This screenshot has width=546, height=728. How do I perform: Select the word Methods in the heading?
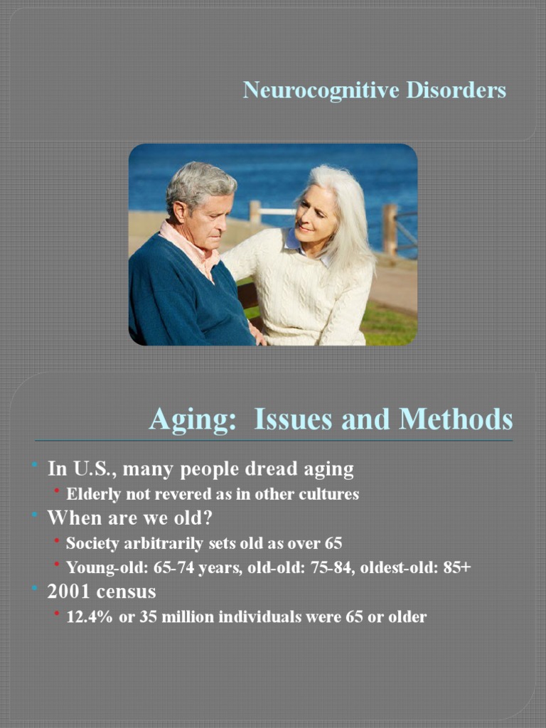tap(456, 419)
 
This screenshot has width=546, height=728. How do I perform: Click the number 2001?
tap(66, 591)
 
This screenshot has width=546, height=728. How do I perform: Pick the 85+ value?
tap(455, 568)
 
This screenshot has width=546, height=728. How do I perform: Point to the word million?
tap(188, 616)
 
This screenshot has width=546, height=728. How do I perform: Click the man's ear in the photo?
tap(179, 210)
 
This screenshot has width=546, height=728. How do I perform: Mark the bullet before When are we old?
tap(34, 518)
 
